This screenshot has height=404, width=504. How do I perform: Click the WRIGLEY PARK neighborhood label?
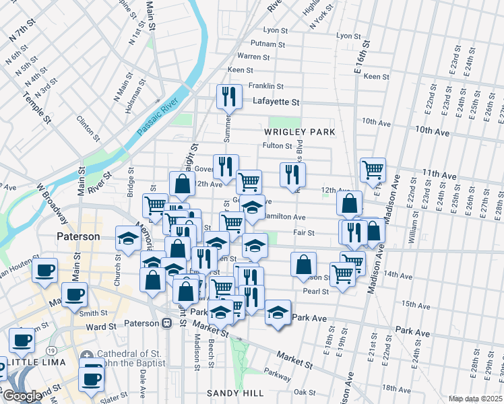tap(300, 132)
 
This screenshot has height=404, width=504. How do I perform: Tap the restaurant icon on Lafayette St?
tap(229, 97)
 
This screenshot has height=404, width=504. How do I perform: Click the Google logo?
tap(22, 396)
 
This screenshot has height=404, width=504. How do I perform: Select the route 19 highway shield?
tap(51, 349)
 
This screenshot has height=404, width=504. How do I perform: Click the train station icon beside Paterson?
tap(166, 323)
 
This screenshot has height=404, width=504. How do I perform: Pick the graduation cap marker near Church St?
tap(127, 238)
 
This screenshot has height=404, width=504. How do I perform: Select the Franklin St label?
tap(265, 86)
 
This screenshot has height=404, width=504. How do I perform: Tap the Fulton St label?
tap(277, 145)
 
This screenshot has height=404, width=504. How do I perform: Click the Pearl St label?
tap(316, 292)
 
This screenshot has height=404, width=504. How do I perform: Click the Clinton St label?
tap(89, 128)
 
